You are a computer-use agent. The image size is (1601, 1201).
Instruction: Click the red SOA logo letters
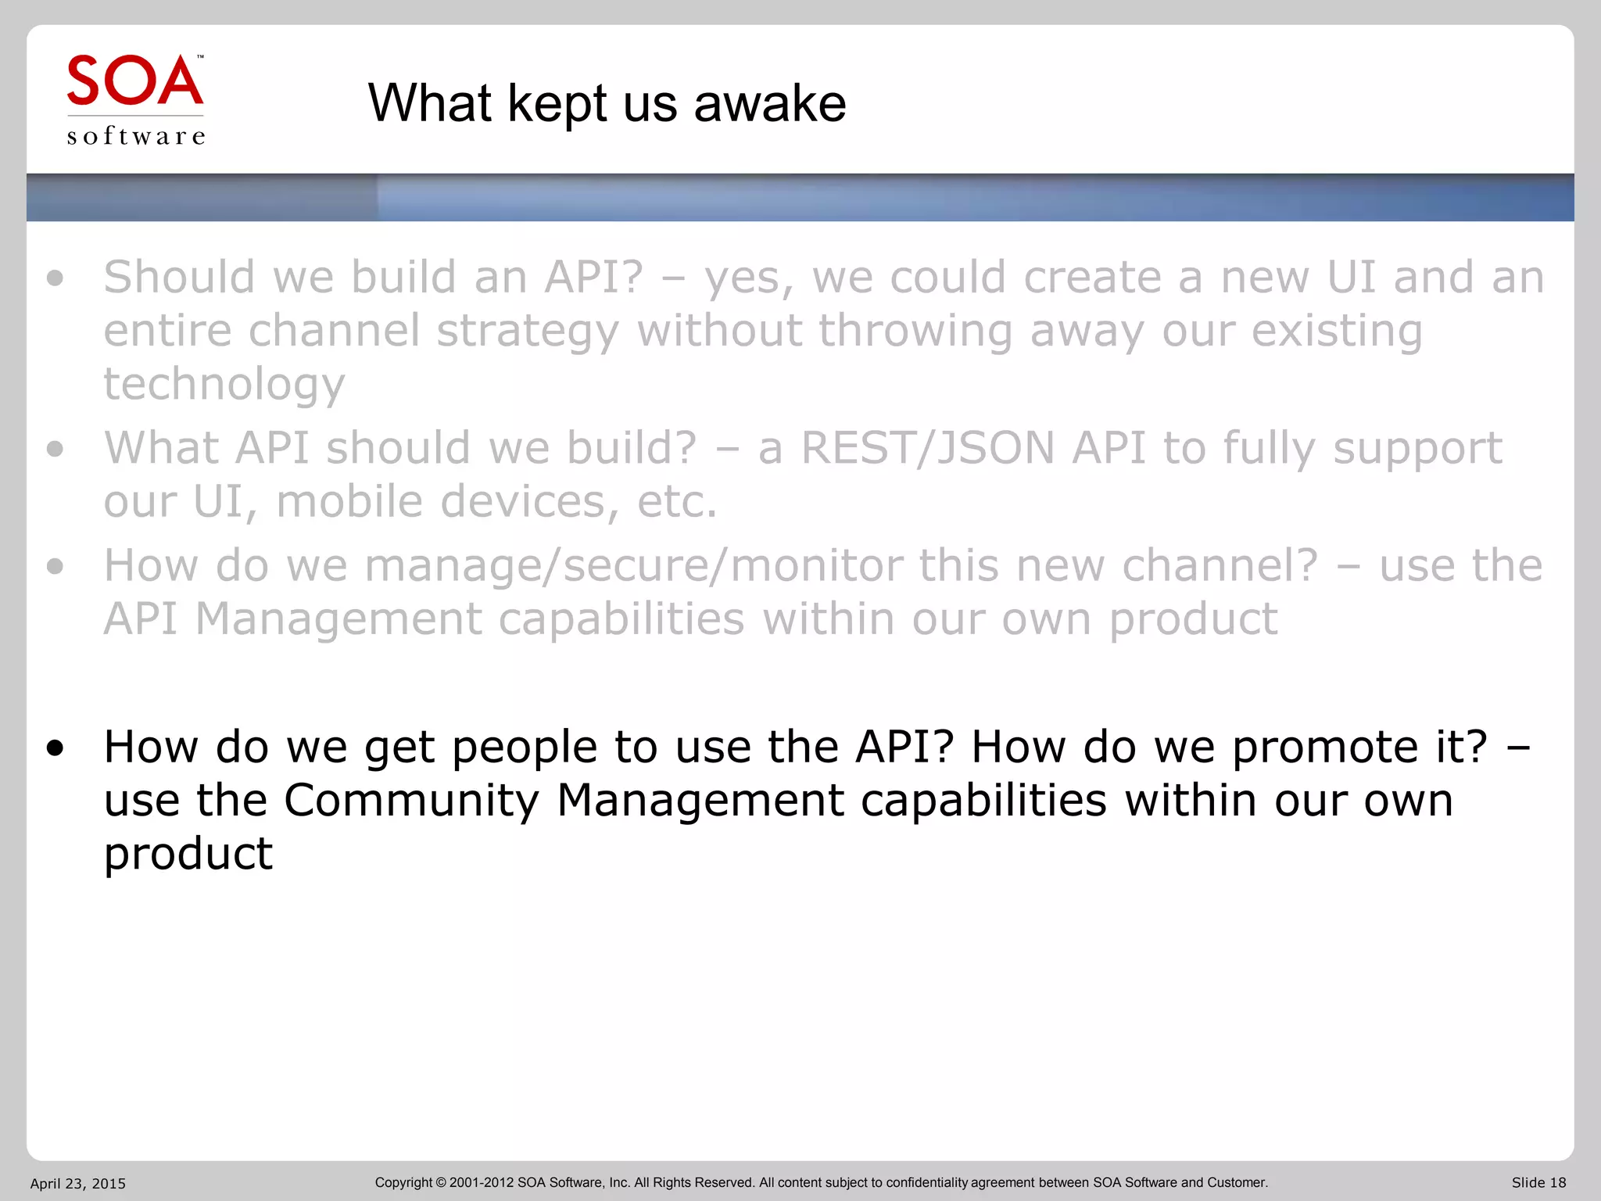point(134,81)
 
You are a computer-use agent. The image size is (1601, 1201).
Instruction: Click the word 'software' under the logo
point(136,137)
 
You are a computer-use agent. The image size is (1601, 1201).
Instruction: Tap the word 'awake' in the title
point(769,103)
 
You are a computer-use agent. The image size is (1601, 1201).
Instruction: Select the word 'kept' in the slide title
point(557,105)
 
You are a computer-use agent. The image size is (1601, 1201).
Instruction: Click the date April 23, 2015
point(77,1184)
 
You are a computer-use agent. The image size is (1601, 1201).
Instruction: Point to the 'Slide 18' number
point(1538,1183)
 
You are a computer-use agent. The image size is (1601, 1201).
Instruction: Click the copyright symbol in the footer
point(440,1183)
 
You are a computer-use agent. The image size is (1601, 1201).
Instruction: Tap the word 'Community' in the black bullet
point(411,801)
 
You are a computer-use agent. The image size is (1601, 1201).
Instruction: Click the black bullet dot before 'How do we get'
point(55,749)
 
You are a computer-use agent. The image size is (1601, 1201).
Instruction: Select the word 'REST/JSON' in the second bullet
point(928,448)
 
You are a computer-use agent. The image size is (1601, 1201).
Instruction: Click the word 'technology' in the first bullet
point(224,385)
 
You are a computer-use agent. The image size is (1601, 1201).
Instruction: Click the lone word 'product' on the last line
point(188,854)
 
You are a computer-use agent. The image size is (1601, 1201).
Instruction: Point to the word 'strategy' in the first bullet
point(528,332)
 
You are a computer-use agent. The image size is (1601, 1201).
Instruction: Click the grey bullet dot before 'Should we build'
point(55,278)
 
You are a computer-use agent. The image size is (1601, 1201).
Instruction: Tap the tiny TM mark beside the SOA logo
point(200,57)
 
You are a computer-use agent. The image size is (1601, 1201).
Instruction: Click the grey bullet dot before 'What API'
point(55,449)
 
